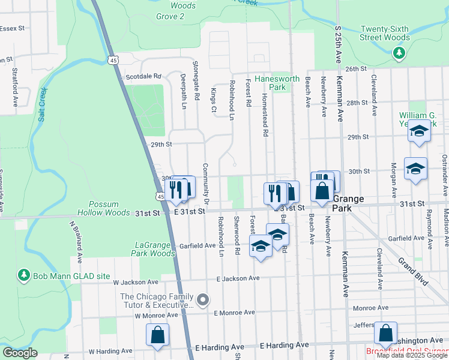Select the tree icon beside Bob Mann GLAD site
[25, 275]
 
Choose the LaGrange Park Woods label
[152, 249]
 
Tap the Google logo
[20, 353]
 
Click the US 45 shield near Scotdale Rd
[113, 60]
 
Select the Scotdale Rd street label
[143, 77]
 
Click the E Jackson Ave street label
[238, 278]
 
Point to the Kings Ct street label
[213, 100]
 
